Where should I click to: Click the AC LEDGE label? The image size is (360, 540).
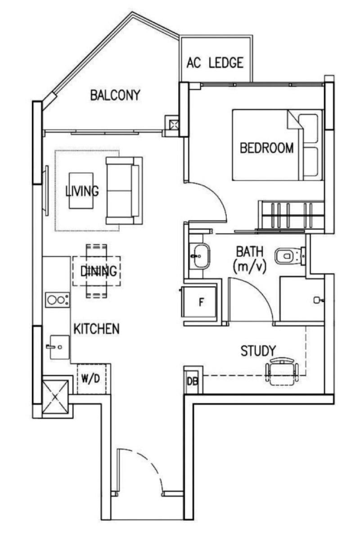point(215,63)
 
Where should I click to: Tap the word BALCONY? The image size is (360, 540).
point(115,95)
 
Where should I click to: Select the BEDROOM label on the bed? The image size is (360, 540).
point(267,148)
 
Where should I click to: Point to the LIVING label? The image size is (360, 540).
point(82,191)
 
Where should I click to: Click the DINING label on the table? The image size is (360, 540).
point(99,271)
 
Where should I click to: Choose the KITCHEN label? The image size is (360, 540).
point(96,328)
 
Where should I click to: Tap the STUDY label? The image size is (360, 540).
point(258,351)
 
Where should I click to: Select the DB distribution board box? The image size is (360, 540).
point(192,381)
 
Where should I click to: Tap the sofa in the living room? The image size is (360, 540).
point(123,191)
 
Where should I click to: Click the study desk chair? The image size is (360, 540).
point(282,371)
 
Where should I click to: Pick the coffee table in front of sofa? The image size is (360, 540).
point(81,191)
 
